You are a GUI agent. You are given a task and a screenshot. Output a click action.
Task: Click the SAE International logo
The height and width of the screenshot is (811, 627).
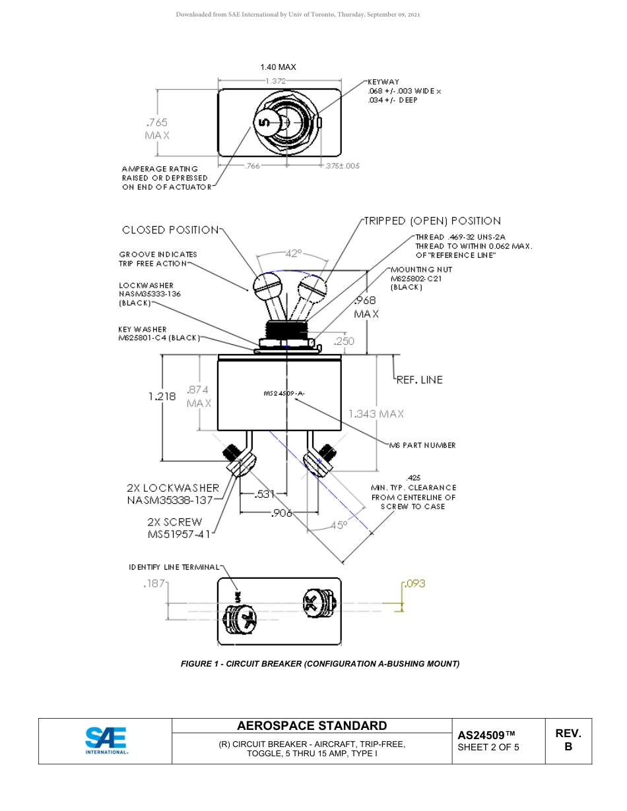(x=106, y=740)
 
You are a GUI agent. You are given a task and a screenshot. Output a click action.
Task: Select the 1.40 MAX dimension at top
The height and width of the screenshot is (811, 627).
(x=278, y=67)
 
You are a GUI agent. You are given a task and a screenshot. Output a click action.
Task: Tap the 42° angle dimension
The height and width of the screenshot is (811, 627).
(x=293, y=253)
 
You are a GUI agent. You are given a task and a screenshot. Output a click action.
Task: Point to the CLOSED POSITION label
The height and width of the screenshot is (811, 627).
(x=170, y=230)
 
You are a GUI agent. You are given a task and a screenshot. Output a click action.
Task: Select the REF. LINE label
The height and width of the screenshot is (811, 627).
(x=419, y=380)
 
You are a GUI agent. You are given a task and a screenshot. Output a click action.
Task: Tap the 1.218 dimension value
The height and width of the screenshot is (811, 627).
(x=162, y=396)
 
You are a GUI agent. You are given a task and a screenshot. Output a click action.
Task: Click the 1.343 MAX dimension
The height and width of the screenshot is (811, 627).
(x=376, y=413)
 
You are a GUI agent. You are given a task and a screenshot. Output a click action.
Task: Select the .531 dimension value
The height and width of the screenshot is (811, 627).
(x=265, y=493)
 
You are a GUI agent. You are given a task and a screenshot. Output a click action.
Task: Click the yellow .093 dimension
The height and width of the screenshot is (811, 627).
(x=415, y=584)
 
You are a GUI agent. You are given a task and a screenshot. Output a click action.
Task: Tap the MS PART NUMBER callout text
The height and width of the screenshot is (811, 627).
(x=422, y=445)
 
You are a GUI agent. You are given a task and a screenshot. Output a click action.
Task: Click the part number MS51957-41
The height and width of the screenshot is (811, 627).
(x=179, y=534)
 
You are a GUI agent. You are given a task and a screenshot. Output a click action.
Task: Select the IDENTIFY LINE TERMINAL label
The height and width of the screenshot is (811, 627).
(x=174, y=567)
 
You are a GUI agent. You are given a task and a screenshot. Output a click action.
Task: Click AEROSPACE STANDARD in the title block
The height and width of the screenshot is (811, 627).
(x=312, y=726)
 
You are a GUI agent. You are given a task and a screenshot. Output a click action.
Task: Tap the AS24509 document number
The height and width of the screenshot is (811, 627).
(x=486, y=735)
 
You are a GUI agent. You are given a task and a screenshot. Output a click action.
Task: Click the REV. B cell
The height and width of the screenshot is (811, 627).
(x=568, y=740)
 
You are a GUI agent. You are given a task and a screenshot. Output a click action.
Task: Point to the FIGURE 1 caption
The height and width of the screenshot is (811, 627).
(x=320, y=664)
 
